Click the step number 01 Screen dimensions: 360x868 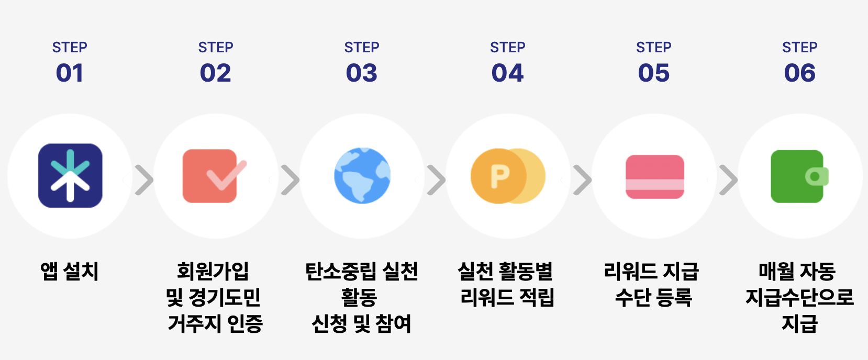(70, 73)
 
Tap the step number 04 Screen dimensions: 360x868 (507, 73)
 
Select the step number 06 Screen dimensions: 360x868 (799, 73)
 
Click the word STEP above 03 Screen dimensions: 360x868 (362, 48)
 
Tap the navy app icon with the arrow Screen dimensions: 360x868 (70, 176)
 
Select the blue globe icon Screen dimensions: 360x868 (362, 176)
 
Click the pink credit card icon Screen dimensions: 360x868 (655, 177)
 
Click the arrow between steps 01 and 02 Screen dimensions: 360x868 (144, 180)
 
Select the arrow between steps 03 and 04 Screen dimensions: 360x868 (436, 180)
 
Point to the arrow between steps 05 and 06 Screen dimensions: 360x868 (728, 180)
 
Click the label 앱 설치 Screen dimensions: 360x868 (70, 272)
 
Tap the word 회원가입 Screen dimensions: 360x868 (213, 272)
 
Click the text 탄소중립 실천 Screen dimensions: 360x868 (362, 272)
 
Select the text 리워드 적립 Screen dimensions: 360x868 (507, 298)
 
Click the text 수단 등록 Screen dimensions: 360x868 (653, 298)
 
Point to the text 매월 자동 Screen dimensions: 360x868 (797, 272)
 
